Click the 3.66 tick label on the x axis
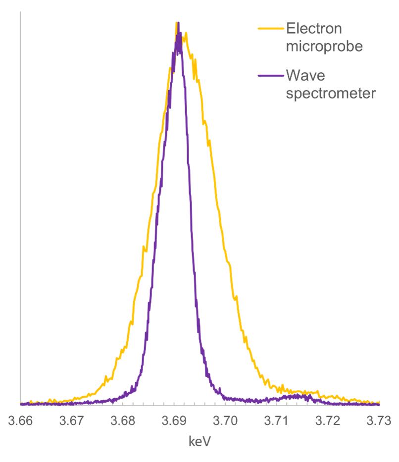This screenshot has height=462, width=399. tap(20, 421)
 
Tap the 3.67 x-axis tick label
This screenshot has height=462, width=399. tap(72, 421)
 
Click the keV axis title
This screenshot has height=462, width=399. tap(200, 441)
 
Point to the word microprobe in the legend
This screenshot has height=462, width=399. tap(325, 47)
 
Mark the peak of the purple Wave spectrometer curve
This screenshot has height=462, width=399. tap(178, 23)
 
